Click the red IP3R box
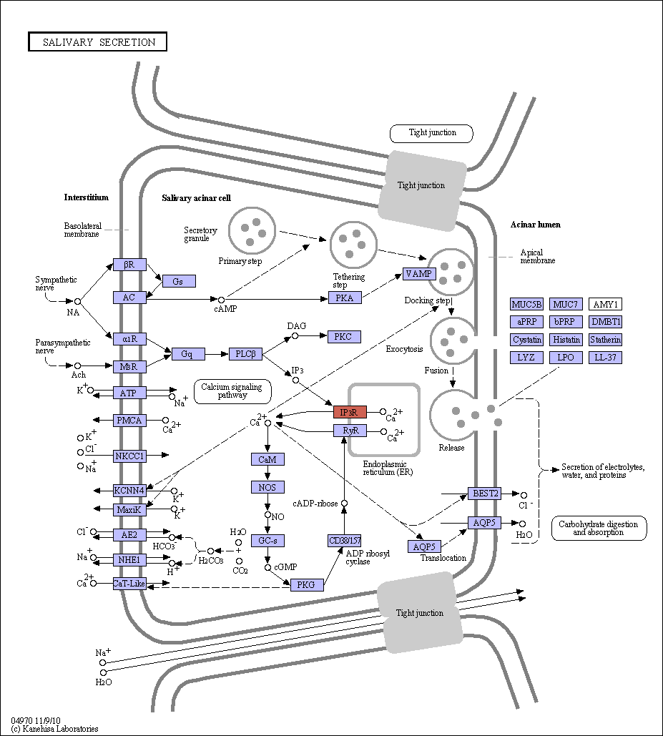point(350,412)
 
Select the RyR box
point(350,431)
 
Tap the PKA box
point(345,298)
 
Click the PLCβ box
point(245,354)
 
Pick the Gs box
point(179,281)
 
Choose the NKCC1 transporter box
point(129,456)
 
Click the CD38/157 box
point(345,541)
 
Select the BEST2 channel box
point(484,494)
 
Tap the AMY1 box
point(605,304)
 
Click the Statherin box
point(605,339)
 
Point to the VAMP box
point(420,274)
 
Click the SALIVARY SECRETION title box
point(97,41)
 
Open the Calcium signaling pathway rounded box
point(232,391)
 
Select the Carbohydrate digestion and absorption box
point(599,529)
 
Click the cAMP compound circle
point(221,300)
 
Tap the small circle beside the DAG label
point(295,336)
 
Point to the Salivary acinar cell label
point(196,198)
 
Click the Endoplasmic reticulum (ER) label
point(388,468)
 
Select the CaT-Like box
point(129,584)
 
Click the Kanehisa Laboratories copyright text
point(54,729)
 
